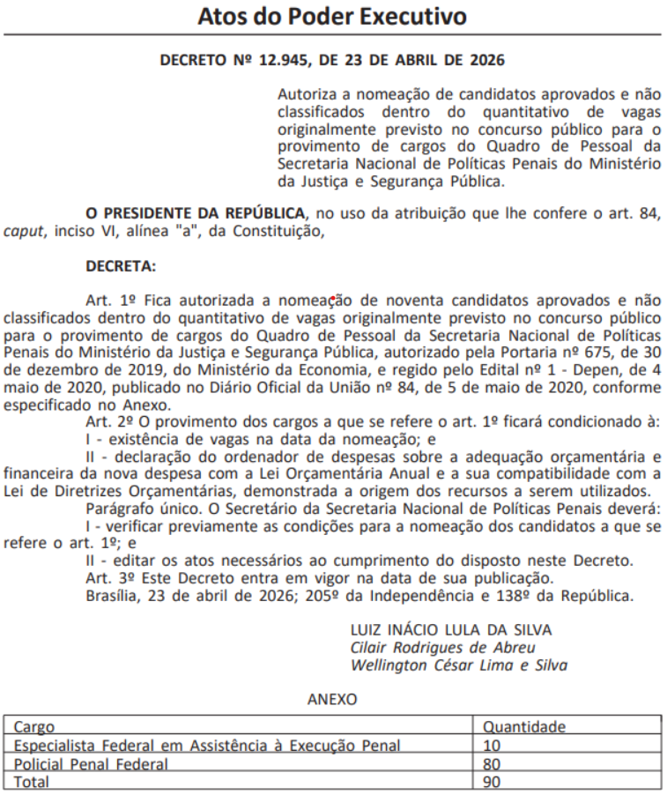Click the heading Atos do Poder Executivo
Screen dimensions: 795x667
[x=332, y=16]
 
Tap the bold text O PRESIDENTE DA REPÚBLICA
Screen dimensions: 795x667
[x=196, y=213]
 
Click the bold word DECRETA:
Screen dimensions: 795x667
[x=121, y=265]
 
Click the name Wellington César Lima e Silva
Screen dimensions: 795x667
[x=458, y=665]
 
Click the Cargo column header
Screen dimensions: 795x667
[x=33, y=728]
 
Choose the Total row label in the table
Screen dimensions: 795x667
[x=32, y=782]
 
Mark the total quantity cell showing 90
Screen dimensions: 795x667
[x=493, y=782]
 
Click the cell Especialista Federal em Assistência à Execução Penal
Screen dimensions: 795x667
[x=207, y=746]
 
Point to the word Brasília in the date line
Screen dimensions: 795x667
[x=115, y=596]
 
